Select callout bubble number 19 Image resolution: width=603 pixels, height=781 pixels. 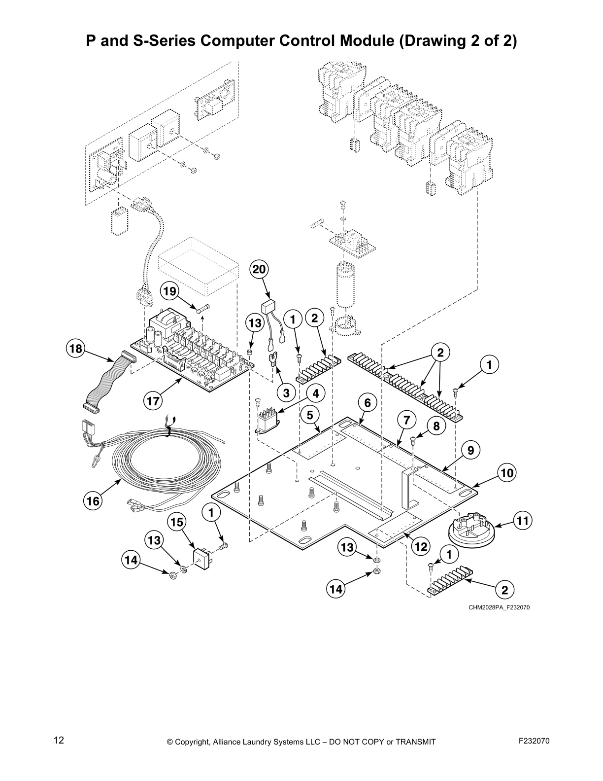169,291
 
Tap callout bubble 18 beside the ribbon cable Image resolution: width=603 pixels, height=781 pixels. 75,349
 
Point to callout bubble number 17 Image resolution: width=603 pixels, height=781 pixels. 153,401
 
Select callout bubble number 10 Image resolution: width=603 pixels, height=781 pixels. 507,473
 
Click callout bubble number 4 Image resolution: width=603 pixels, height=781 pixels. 316,393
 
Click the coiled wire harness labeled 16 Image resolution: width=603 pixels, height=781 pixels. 163,459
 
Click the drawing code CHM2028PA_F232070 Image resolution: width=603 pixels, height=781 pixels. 499,607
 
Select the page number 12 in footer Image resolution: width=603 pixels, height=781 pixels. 59,740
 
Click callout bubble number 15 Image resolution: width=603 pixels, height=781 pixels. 178,522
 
